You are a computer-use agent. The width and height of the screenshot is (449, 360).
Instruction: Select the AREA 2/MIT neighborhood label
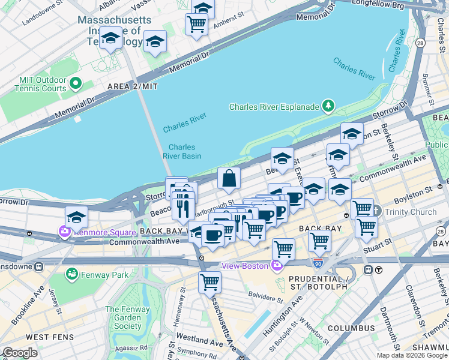(132, 86)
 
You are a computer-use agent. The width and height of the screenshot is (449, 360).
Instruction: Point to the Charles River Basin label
(182, 151)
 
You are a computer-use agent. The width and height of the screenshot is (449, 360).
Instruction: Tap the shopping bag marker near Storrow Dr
(229, 178)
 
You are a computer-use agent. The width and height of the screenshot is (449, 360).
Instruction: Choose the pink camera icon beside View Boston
(276, 266)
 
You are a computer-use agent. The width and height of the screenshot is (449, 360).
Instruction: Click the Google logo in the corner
(20, 353)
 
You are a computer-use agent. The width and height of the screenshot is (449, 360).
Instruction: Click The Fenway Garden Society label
(123, 318)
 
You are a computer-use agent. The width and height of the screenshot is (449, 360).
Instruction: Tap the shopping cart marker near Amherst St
(196, 25)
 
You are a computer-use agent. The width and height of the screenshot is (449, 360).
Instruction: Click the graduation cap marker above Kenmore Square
(76, 217)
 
